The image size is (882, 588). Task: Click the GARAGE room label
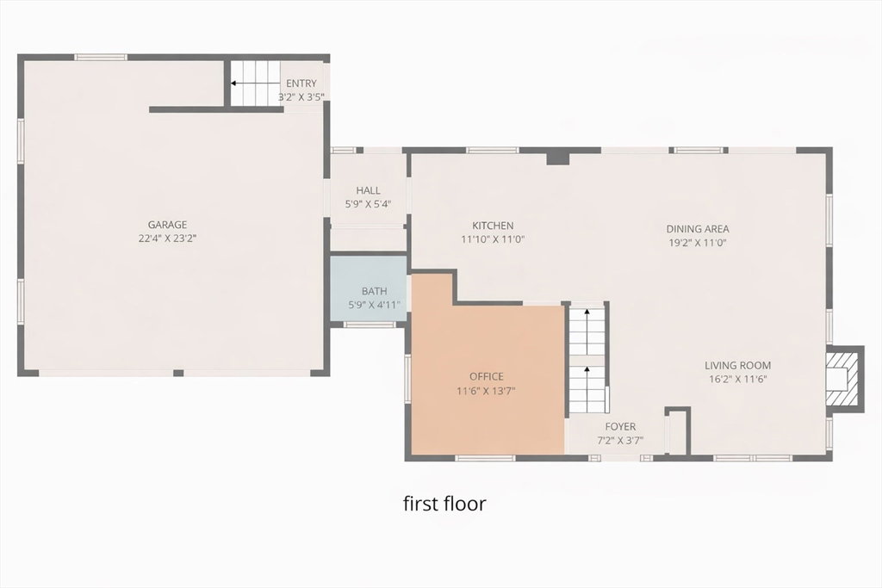pyautogui.click(x=167, y=225)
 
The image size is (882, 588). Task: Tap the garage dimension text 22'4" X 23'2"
pyautogui.click(x=167, y=238)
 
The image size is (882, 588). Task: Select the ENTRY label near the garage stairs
pyautogui.click(x=301, y=84)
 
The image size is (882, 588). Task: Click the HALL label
pyautogui.click(x=368, y=190)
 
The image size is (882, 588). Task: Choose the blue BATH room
pyautogui.click(x=368, y=288)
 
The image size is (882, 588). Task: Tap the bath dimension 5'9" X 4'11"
pyautogui.click(x=374, y=306)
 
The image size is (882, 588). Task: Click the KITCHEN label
pyautogui.click(x=493, y=226)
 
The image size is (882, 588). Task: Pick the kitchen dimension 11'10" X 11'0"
pyautogui.click(x=493, y=239)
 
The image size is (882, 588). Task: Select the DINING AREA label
pyautogui.click(x=698, y=229)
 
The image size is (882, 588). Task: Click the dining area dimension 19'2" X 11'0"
pyautogui.click(x=698, y=243)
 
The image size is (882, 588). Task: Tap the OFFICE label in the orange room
pyautogui.click(x=487, y=376)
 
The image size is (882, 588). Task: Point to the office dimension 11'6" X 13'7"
pyautogui.click(x=487, y=391)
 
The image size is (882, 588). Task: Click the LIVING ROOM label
pyautogui.click(x=737, y=365)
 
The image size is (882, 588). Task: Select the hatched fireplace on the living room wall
pyautogui.click(x=844, y=379)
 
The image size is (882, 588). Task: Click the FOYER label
pyautogui.click(x=620, y=427)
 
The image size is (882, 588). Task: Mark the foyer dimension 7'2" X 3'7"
pyautogui.click(x=620, y=441)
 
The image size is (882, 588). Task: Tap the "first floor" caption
pyautogui.click(x=444, y=503)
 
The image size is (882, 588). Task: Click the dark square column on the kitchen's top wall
pyautogui.click(x=558, y=157)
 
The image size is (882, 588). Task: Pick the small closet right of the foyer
pyautogui.click(x=678, y=431)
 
